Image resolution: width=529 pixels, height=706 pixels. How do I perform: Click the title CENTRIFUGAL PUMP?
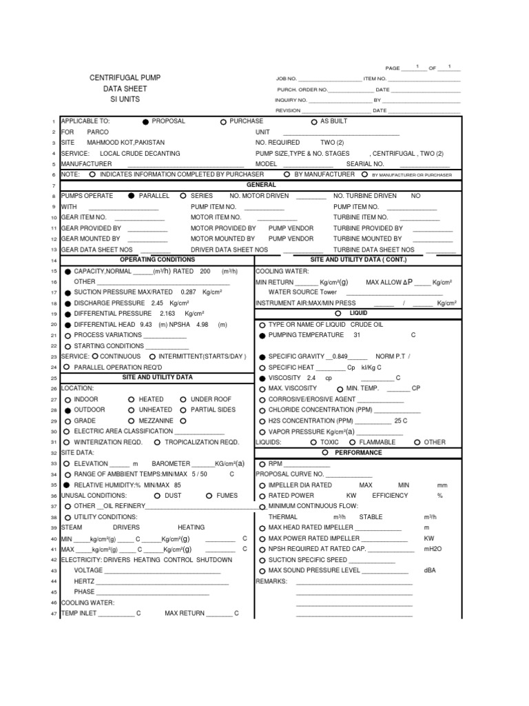125,79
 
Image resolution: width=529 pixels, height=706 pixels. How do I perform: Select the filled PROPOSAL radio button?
145,121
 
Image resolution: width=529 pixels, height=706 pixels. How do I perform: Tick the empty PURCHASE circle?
223,121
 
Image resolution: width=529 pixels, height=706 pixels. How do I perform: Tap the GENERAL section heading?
261,185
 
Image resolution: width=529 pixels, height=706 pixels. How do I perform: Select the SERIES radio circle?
183,196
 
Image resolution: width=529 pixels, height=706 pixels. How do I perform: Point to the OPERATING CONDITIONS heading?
158,260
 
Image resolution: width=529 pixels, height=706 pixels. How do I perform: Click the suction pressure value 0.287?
177,292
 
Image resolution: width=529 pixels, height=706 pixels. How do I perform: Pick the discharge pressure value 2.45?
158,303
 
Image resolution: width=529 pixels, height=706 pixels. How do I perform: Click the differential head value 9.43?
146,325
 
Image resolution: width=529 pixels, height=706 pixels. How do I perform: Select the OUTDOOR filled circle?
68,410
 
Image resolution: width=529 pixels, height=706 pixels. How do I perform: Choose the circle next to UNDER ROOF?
183,399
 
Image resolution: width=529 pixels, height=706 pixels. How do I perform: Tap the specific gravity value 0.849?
340,356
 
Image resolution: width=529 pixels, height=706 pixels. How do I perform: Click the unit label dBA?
430,571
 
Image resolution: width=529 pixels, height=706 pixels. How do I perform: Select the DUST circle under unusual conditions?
157,496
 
